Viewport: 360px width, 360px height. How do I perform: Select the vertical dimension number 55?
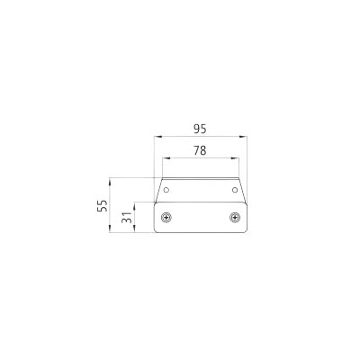click(102, 205)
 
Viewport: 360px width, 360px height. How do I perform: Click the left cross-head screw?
click(166, 217)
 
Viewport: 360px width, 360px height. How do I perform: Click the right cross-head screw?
click(236, 217)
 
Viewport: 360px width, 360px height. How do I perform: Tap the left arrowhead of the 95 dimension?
click(157, 137)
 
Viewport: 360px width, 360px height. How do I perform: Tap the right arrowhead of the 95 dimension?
click(246, 137)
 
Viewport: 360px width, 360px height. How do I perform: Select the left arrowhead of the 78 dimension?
click(165, 159)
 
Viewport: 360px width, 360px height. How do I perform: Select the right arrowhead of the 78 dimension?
click(238, 159)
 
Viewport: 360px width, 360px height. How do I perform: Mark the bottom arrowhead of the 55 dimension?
click(111, 230)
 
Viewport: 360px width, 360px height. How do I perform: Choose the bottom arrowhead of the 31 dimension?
click(135, 230)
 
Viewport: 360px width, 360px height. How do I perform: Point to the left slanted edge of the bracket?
click(159, 190)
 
